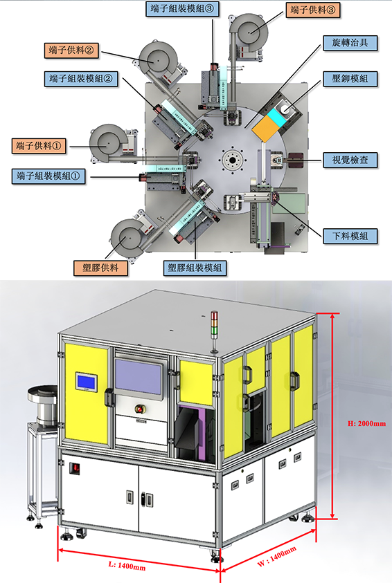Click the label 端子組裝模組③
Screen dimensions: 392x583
pos(182,8)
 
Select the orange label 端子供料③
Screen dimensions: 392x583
pos(313,10)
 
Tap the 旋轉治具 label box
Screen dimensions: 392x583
pos(350,43)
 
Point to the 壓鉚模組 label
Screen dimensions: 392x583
pos(350,78)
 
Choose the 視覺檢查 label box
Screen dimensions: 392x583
pos(350,160)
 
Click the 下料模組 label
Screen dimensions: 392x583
pos(350,236)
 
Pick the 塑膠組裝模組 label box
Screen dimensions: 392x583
pos(195,268)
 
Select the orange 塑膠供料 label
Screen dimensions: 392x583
pos(100,268)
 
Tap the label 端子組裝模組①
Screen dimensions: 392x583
pos(48,176)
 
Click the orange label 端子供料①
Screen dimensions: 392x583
pos(39,146)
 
